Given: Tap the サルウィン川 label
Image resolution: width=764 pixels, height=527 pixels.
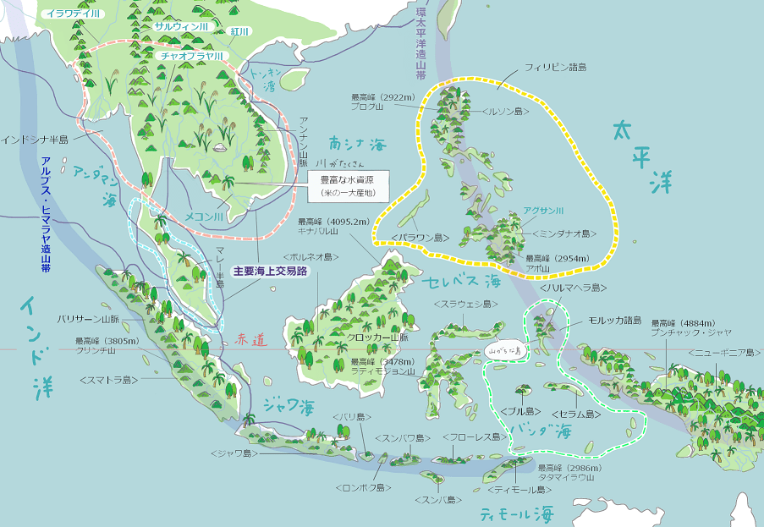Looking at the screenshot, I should point(180,26).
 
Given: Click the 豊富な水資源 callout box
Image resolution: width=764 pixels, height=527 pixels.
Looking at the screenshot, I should point(347,185).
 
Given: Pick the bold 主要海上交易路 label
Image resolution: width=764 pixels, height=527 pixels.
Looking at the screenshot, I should point(270,272).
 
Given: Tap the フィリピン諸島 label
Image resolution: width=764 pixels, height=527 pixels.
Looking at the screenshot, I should point(555,66).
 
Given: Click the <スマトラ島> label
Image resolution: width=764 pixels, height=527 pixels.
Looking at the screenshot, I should point(109,380).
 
